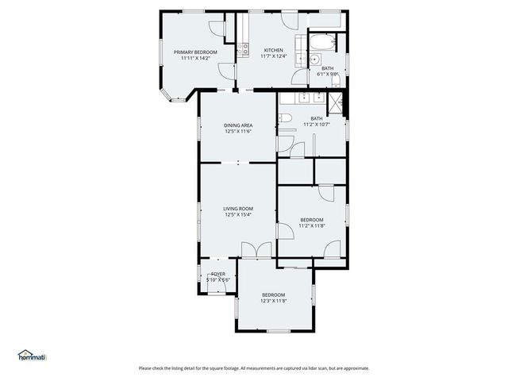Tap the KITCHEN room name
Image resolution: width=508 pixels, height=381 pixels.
(x=273, y=49)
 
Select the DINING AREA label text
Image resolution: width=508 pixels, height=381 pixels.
(x=237, y=125)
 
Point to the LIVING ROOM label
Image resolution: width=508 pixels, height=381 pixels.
(x=237, y=208)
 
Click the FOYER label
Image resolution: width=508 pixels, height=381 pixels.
(x=217, y=274)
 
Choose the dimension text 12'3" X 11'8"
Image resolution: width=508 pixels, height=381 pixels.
(x=273, y=301)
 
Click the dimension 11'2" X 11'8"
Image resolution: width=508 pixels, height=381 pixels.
(x=311, y=225)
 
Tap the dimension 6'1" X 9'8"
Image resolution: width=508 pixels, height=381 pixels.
(x=328, y=74)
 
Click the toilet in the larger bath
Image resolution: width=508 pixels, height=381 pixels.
(x=286, y=119)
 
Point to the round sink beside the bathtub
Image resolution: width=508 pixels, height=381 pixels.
(x=315, y=59)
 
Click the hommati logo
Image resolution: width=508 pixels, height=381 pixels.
(x=32, y=356)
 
